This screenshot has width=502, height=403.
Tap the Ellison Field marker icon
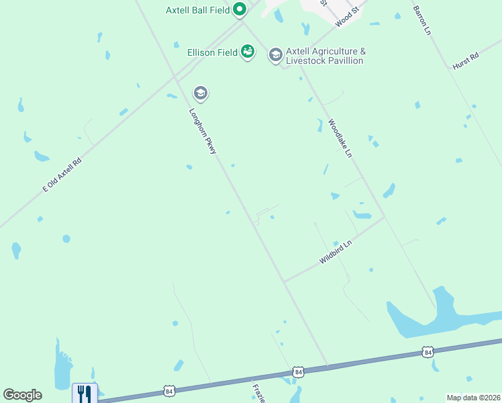pyautogui.click(x=248, y=51)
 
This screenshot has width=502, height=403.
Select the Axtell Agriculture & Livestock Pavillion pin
pyautogui.click(x=275, y=54)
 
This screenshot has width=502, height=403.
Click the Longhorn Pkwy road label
pyautogui.click(x=202, y=132)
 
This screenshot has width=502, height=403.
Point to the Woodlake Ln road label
pyautogui.click(x=340, y=138)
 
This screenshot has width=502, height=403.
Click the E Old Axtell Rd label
pyautogui.click(x=62, y=175)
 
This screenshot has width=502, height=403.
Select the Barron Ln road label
pyautogui.click(x=421, y=20)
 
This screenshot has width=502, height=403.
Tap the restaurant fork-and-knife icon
pyautogui.click(x=85, y=393)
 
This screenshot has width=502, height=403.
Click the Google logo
pyautogui.click(x=22, y=395)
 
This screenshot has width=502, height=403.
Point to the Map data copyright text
pyautogui.click(x=473, y=398)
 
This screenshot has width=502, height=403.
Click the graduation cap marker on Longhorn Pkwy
pyautogui.click(x=199, y=93)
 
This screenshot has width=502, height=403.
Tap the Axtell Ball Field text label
pyautogui.click(x=198, y=10)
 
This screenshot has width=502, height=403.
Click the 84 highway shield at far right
pyautogui.click(x=428, y=351)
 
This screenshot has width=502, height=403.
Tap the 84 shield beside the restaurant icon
pyautogui.click(x=168, y=390)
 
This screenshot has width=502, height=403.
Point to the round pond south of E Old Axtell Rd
pyautogui.click(x=66, y=238)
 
